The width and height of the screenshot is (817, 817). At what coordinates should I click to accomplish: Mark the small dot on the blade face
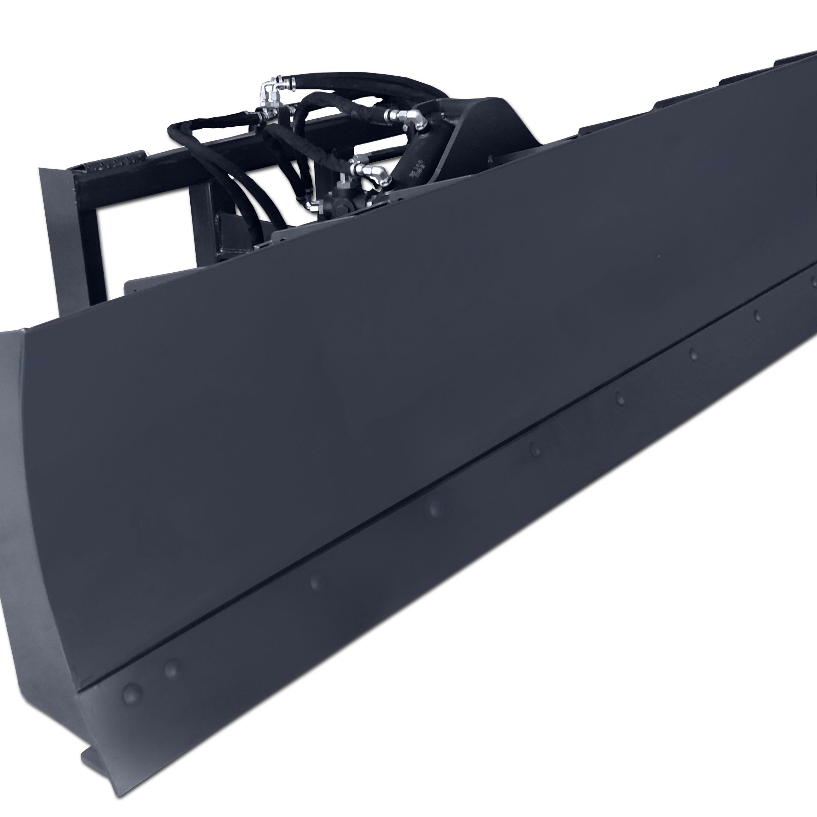tap(658, 256)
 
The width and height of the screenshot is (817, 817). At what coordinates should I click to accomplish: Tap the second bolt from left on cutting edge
tap(171, 668)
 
